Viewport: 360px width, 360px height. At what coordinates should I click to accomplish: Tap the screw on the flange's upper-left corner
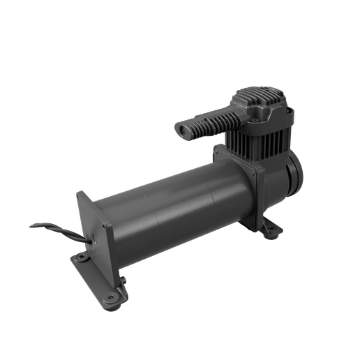click(x=218, y=151)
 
